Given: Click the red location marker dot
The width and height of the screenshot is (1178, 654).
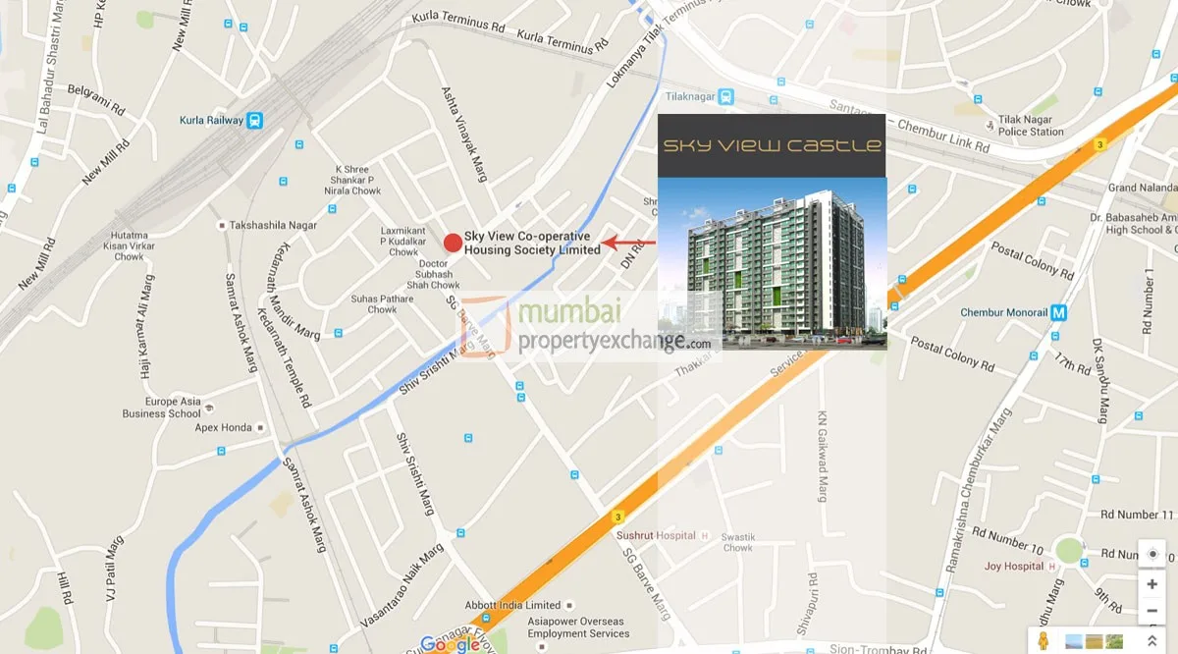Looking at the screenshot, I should (x=453, y=243).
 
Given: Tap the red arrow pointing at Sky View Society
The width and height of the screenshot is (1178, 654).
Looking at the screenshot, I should (x=628, y=242).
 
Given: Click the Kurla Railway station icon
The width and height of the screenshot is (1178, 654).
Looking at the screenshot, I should (x=255, y=120).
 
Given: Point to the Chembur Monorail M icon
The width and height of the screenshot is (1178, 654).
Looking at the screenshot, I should (x=1057, y=313).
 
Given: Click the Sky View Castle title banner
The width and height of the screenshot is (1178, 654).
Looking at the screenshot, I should (x=772, y=145).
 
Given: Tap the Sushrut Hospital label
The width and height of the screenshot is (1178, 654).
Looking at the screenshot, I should (x=656, y=536).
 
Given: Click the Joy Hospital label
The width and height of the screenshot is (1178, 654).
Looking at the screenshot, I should (x=1014, y=567).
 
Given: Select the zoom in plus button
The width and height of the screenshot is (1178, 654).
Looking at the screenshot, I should (x=1151, y=583).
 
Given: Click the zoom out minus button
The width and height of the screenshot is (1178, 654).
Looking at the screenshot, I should (x=1151, y=611).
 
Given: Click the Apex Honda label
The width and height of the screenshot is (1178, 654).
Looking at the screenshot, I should (x=224, y=428).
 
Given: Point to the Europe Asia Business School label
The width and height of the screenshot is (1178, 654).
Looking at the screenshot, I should (x=162, y=408).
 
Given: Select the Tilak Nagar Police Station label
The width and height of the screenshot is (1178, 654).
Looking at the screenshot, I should (x=1031, y=125).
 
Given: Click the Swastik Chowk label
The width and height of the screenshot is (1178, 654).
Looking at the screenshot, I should (x=737, y=543).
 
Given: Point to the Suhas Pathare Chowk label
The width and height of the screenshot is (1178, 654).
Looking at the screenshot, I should (x=383, y=303).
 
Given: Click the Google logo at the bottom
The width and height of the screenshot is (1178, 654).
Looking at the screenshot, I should (x=450, y=644).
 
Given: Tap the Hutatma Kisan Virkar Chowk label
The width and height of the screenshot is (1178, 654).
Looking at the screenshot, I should (x=129, y=246).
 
